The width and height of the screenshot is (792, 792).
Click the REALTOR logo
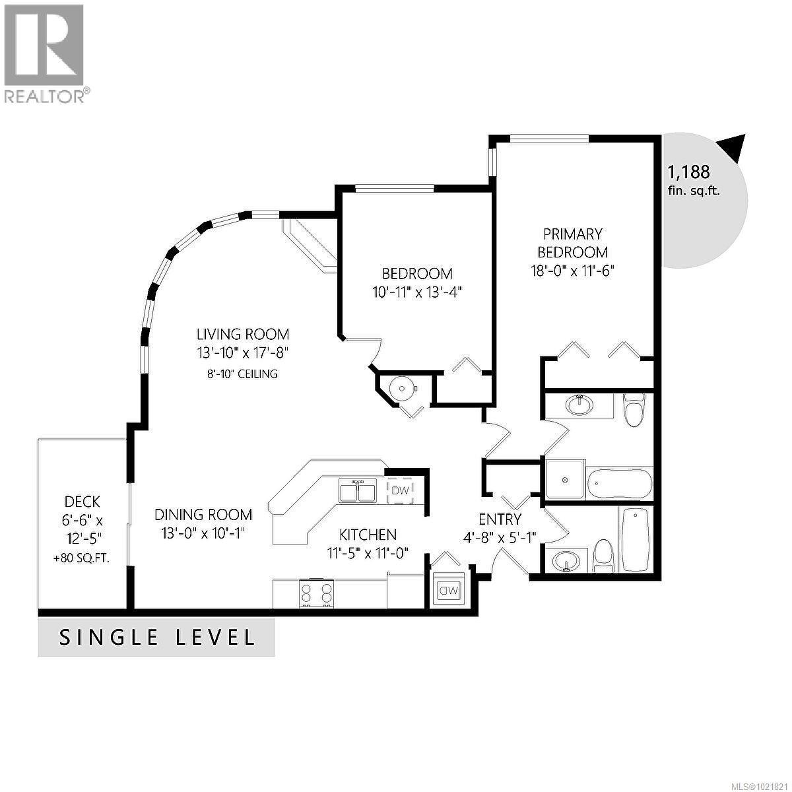point(44,53)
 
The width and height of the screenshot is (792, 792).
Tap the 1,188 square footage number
point(688,172)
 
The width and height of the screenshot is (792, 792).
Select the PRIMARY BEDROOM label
point(572,243)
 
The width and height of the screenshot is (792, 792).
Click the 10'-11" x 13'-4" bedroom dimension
point(417,292)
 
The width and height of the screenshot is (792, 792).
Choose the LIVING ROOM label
point(243,334)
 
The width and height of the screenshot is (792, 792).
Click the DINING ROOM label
point(203,514)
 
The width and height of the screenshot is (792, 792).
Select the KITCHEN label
point(368,535)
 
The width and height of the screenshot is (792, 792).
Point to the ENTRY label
point(500,519)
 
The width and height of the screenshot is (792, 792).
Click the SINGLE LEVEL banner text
point(157,638)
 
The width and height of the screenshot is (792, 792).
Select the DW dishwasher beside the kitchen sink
point(400,490)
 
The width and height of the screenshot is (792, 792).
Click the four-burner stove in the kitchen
point(316,593)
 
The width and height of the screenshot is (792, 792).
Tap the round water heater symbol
point(402,389)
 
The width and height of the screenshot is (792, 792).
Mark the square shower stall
point(564,480)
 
